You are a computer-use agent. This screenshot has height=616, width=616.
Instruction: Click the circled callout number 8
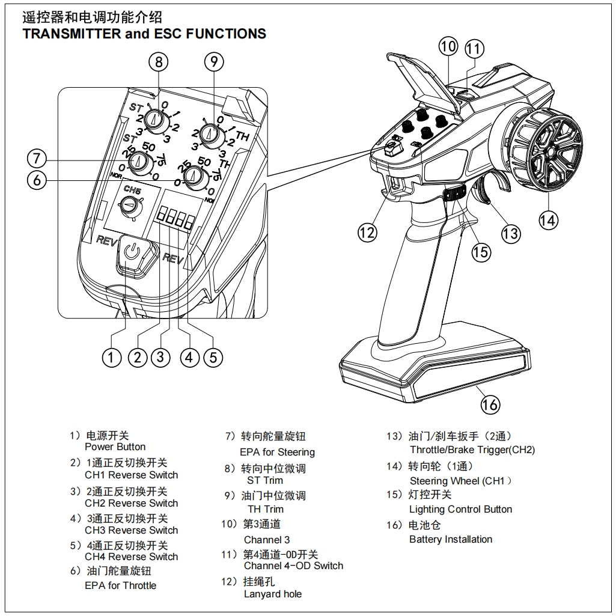(158, 62)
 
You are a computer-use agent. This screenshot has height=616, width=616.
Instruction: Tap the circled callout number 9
(213, 61)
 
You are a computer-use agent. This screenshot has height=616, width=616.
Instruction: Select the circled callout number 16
(490, 404)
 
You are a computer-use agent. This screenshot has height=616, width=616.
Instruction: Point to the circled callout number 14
(547, 220)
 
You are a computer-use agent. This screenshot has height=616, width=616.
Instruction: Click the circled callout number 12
(367, 232)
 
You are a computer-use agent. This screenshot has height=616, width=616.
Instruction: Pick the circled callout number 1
(112, 357)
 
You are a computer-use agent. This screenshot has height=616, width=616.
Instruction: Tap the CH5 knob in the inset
(129, 206)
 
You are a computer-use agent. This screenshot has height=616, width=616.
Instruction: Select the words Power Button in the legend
(115, 447)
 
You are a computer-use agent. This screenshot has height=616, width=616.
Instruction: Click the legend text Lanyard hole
(273, 594)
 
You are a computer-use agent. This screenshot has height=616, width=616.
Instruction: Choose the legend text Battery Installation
(450, 540)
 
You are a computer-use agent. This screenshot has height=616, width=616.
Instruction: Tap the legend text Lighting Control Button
(460, 510)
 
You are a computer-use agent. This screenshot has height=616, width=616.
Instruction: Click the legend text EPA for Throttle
(120, 585)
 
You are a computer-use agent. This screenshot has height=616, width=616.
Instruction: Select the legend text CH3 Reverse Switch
(131, 531)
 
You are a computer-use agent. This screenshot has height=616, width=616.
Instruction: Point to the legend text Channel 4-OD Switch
(293, 566)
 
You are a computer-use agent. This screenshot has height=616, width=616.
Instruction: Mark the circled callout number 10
(448, 47)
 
